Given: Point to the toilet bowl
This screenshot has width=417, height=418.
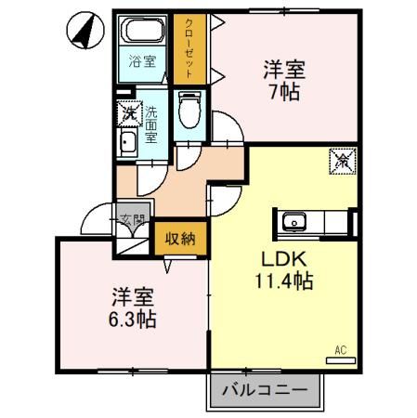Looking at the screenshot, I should (x=189, y=116).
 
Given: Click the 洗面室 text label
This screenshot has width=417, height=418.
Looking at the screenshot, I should (x=151, y=123).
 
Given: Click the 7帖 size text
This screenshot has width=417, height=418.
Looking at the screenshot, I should (x=284, y=93).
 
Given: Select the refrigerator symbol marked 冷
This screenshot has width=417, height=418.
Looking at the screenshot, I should (x=341, y=161).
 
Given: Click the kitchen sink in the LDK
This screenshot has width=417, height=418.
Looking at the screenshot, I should (x=294, y=223).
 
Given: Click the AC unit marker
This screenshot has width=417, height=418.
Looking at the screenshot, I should (x=341, y=352).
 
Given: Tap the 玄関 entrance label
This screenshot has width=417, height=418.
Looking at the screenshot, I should (x=133, y=221).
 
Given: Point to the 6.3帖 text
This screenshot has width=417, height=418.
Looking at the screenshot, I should (x=130, y=319).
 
